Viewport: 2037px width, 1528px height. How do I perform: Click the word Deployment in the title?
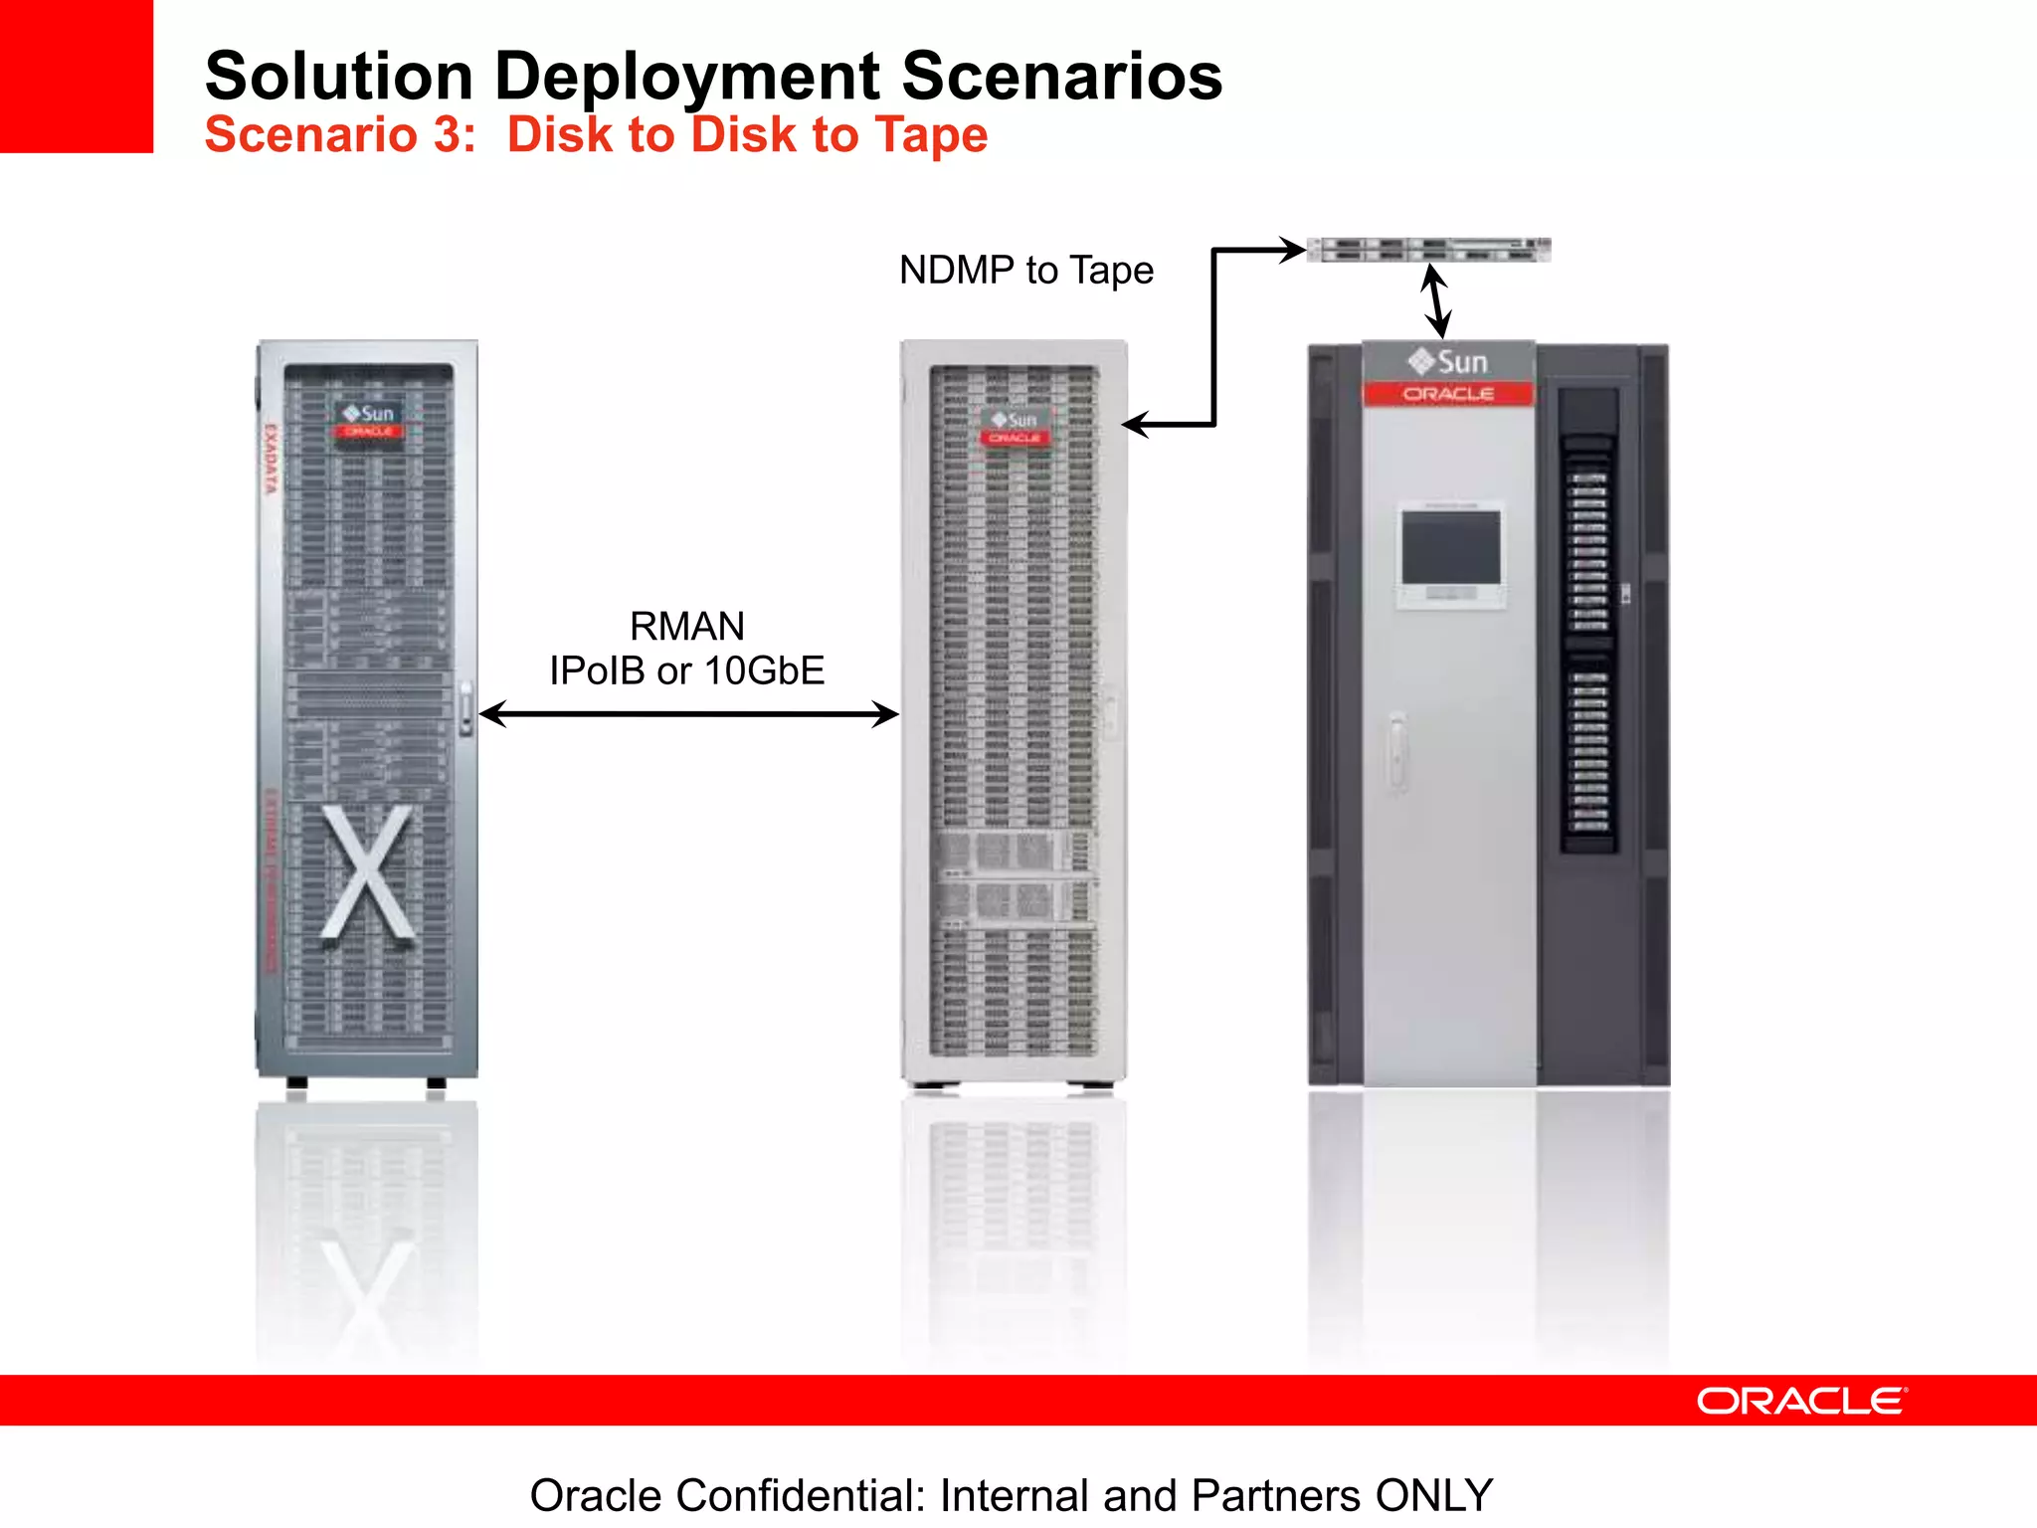tap(687, 77)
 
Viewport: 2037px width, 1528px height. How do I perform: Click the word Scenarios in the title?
tap(1061, 77)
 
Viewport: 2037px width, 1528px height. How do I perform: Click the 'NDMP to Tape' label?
tap(1025, 271)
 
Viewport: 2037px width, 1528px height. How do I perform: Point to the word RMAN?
tap(686, 627)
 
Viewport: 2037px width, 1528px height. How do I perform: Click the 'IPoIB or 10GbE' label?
tap(686, 671)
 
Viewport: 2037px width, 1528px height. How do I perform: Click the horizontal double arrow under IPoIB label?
tap(688, 714)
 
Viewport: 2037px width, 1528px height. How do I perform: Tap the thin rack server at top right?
tap(1428, 250)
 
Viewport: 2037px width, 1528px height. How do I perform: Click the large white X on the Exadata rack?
tap(367, 872)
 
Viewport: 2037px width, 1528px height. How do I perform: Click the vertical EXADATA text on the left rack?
tap(271, 459)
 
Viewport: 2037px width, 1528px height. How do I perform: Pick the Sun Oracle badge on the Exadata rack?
tap(368, 421)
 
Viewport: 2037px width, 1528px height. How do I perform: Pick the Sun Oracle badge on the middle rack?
tap(1014, 428)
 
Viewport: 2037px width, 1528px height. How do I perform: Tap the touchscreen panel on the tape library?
tap(1450, 549)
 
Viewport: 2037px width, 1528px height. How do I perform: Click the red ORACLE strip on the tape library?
tap(1448, 395)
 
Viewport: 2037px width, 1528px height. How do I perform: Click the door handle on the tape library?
tap(1397, 751)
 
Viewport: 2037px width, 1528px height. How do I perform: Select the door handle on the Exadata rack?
tap(465, 708)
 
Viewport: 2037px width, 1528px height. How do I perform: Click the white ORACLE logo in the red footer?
tap(1801, 1402)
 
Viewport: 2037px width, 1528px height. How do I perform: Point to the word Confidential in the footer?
tap(801, 1495)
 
